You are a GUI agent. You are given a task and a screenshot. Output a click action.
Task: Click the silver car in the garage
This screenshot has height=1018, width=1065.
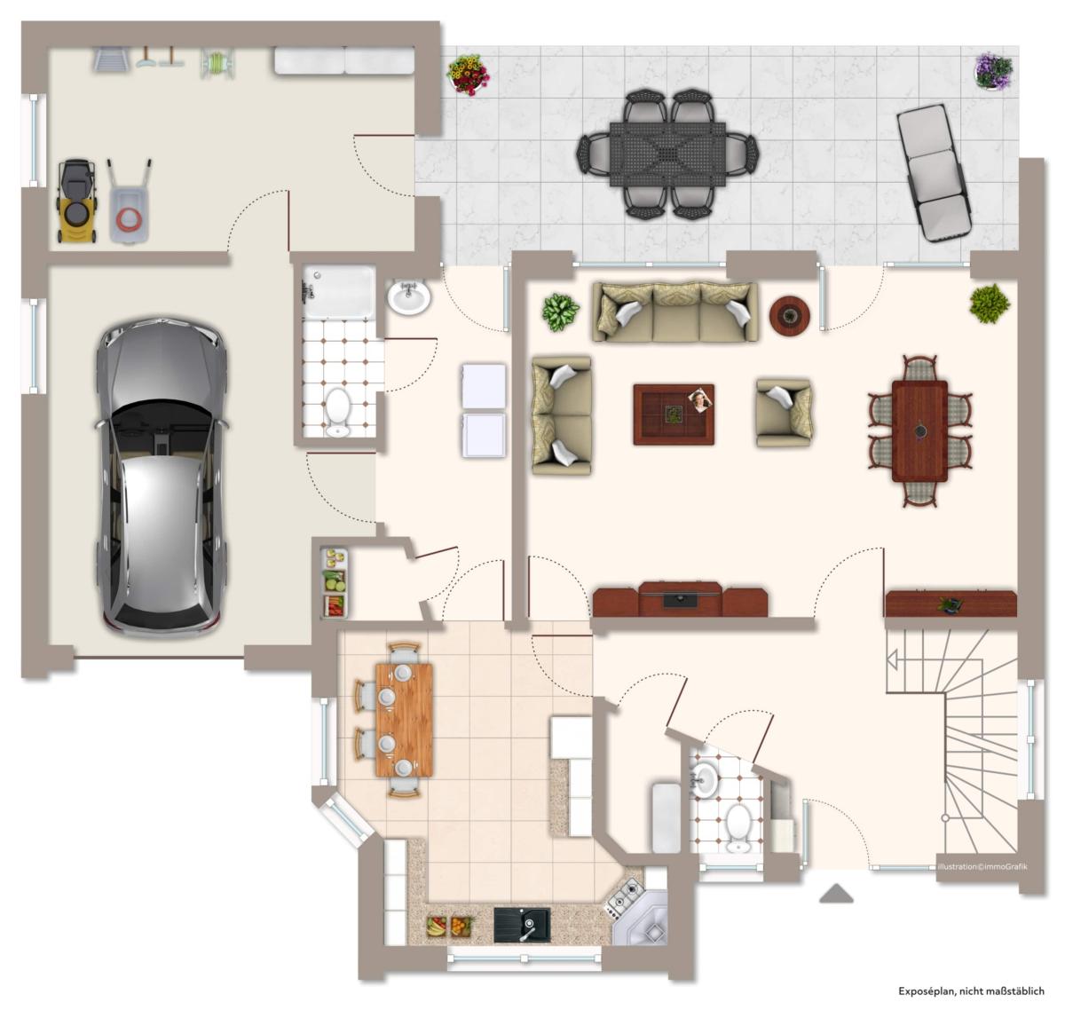click(x=162, y=477)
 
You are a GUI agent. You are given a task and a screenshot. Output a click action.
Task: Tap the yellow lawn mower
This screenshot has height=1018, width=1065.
click(x=77, y=201)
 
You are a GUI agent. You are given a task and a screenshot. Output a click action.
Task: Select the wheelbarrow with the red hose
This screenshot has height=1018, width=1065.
click(x=130, y=202)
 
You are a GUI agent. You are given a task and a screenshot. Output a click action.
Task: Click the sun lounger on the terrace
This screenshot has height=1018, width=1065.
click(x=935, y=172)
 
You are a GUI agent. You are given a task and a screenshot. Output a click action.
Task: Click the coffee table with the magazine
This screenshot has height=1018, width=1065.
click(x=674, y=414)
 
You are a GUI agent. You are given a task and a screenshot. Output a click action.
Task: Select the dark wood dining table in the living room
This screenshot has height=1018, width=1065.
click(x=919, y=431)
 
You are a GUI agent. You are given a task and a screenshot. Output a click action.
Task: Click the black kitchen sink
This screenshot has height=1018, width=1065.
click(x=522, y=925)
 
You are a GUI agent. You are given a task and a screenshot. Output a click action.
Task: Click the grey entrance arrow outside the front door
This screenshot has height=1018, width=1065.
click(x=836, y=893)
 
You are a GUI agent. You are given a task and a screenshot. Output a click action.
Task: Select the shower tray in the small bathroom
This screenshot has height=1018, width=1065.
click(x=339, y=292)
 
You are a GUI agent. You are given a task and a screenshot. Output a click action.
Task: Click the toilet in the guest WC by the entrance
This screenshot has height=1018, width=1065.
click(x=738, y=829)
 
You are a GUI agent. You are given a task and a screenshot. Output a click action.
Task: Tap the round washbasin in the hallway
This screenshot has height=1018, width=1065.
click(x=409, y=297)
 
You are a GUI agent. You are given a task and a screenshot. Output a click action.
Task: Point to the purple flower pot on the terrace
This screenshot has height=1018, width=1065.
click(x=994, y=71)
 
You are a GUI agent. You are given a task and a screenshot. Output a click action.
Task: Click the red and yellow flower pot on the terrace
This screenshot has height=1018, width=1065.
click(x=468, y=75)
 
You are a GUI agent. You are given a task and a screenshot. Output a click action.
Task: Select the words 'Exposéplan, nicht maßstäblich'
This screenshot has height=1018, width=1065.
click(x=971, y=990)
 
